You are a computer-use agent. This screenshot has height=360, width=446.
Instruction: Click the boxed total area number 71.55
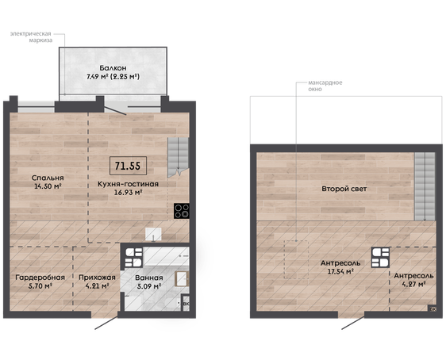[128, 166]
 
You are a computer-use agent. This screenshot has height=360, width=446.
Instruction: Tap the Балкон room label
[113, 68]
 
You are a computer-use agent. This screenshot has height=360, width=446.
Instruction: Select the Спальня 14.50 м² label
[48, 182]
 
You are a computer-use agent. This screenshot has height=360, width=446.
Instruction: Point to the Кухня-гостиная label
[128, 184]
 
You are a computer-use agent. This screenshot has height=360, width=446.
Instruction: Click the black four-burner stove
[182, 211]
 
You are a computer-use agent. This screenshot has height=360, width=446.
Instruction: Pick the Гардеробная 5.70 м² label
[40, 281]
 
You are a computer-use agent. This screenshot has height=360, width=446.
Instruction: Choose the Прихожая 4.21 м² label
[97, 281]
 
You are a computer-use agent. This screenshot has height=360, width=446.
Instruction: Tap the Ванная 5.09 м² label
[149, 281]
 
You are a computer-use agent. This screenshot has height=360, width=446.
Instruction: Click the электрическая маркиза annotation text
[31, 37]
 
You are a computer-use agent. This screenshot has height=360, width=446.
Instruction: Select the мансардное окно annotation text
[325, 86]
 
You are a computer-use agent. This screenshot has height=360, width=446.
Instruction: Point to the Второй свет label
[344, 189]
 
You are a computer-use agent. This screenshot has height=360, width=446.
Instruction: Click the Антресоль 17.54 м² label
[340, 267]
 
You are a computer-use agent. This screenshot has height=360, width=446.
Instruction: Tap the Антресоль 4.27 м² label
[413, 280]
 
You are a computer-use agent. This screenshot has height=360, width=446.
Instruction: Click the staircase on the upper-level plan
[425, 186]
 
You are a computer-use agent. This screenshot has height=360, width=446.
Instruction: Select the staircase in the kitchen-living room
[178, 158]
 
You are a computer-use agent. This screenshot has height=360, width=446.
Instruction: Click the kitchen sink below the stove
[153, 235]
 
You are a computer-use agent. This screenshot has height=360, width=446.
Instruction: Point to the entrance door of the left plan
[106, 324]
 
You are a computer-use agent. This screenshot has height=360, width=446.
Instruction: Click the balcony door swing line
[115, 111]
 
